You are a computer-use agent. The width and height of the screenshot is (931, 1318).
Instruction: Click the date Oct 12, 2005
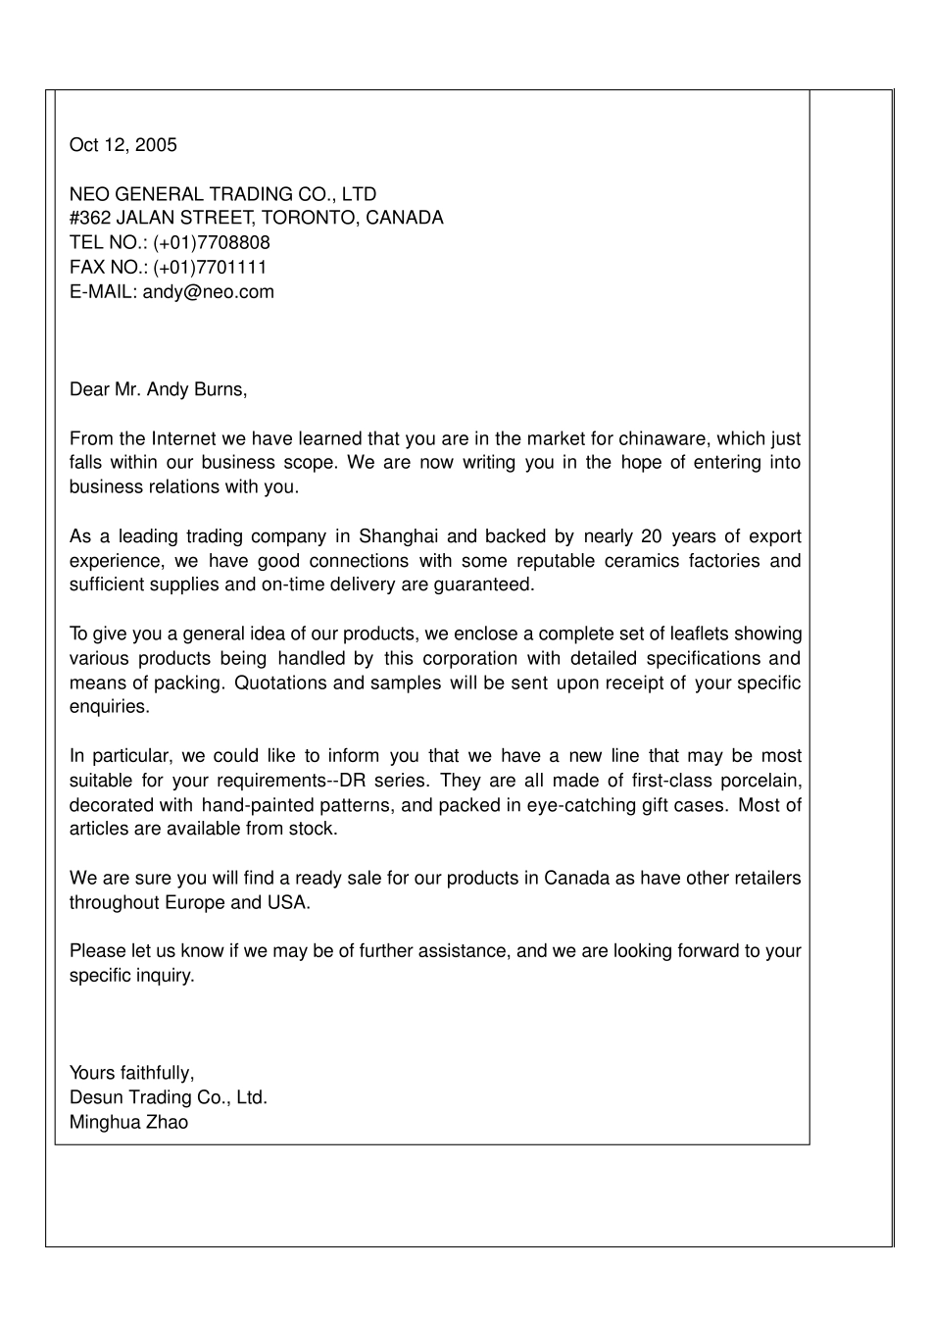click(123, 145)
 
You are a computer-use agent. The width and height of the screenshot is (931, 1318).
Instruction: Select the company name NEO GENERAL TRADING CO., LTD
click(222, 194)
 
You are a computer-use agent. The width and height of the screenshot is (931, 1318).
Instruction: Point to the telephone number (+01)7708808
click(212, 242)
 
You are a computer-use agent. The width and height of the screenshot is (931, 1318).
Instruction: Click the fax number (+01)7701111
click(210, 267)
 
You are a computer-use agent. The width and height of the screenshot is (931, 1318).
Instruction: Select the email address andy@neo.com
click(209, 291)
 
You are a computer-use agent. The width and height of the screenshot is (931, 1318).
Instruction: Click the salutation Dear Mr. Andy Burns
click(158, 389)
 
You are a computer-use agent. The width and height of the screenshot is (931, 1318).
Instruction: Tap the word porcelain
click(761, 781)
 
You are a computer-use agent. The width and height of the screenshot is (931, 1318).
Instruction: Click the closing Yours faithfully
click(132, 1073)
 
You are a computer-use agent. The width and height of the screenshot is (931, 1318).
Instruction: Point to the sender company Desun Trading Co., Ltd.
click(169, 1097)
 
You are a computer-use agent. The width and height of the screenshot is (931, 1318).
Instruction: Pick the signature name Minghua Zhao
click(128, 1122)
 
